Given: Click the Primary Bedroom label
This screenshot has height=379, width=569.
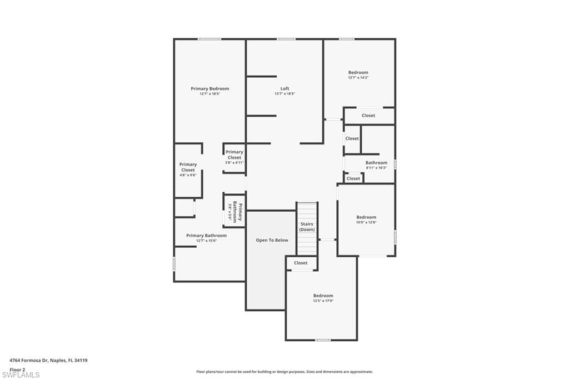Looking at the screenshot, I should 209,88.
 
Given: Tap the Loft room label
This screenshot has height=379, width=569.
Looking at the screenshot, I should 284,88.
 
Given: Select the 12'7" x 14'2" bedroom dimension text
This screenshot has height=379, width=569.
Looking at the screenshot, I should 358,78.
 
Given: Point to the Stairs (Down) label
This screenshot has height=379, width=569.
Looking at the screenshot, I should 307,227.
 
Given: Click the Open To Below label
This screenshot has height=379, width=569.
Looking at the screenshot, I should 272,240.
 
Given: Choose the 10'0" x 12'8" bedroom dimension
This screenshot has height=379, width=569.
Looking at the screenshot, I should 366,222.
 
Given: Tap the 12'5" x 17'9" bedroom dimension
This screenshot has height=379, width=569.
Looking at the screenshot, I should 323,301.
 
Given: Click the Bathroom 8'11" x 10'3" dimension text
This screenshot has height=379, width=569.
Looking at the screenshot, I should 376,168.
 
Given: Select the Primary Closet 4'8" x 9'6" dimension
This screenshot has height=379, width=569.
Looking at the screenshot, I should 188,176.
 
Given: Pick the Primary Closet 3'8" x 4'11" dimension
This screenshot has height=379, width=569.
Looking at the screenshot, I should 234,163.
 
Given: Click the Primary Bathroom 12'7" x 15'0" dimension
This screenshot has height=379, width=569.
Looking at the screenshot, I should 206,241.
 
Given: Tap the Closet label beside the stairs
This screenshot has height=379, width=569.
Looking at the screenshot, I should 301,263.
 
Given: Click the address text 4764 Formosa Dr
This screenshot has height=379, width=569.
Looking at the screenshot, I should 48,361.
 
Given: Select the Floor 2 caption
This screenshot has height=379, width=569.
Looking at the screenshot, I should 17,369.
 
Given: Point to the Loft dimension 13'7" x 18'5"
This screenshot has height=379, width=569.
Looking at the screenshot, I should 284,94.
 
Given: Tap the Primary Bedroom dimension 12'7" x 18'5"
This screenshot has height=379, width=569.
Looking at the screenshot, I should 209,94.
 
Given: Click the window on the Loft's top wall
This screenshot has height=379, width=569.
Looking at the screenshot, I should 286,39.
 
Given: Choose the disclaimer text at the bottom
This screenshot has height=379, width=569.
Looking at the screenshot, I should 284,372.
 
